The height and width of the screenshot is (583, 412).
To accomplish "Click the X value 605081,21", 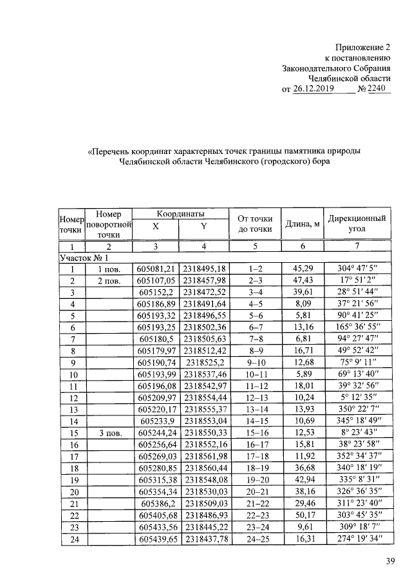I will pyautogui.click(x=156, y=269).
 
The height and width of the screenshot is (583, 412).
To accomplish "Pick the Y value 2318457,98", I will pyautogui.click(x=204, y=280).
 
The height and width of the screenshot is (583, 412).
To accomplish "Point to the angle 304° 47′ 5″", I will pyautogui.click(x=357, y=269).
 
